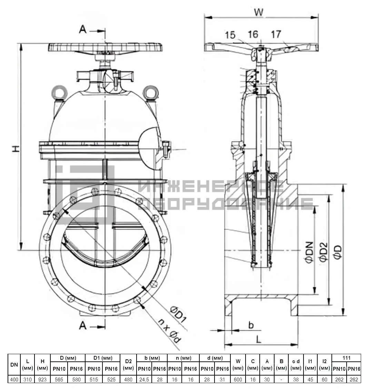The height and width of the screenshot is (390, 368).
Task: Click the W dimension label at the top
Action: pyautogui.click(x=259, y=12)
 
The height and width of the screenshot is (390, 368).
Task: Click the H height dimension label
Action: pyautogui.click(x=16, y=149)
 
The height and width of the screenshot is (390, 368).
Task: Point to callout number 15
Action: pyautogui.click(x=230, y=35)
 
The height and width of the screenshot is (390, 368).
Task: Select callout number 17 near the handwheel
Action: pyautogui.click(x=276, y=34)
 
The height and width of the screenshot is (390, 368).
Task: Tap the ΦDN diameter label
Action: pyautogui.click(x=309, y=252)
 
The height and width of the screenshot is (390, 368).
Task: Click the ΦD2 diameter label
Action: pyautogui.click(x=324, y=252)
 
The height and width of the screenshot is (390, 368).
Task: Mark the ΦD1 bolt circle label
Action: pyautogui.click(x=178, y=315)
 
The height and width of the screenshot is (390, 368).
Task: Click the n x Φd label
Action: pyautogui.click(x=170, y=331)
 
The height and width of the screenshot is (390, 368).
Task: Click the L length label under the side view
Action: pyautogui.click(x=259, y=339)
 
